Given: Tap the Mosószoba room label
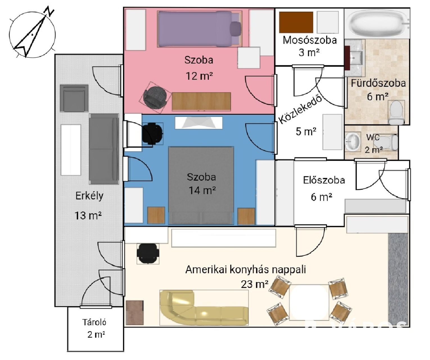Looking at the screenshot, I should (x=309, y=40).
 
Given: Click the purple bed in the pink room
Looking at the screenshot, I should (x=200, y=28).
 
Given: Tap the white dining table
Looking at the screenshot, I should (x=309, y=302).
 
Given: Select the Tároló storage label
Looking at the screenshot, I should (x=94, y=322).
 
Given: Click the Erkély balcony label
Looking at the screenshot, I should (x=89, y=196).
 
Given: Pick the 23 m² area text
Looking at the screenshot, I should (x=254, y=284).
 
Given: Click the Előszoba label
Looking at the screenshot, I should (x=324, y=180).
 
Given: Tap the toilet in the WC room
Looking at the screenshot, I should (x=391, y=142).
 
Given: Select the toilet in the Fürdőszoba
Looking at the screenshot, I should (x=396, y=112).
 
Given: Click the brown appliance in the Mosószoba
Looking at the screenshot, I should (x=296, y=22).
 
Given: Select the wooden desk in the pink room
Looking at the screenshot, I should (x=201, y=101).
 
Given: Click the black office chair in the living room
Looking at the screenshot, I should (x=148, y=253).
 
